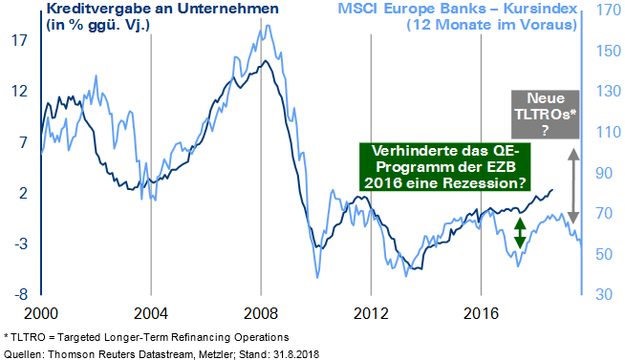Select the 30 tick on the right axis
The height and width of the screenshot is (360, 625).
(x=601, y=294)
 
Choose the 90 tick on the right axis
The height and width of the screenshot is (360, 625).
(x=601, y=173)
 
